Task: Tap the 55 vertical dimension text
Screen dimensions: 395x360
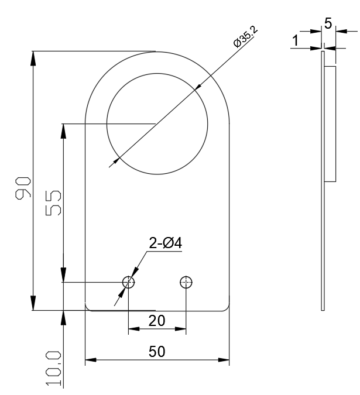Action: click(x=53, y=202)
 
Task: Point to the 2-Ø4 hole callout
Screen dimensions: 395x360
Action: click(x=166, y=243)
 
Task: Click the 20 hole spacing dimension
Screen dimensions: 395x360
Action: click(x=157, y=321)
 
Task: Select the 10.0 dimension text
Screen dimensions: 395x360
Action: click(x=53, y=367)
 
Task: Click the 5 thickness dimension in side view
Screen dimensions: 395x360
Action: click(x=328, y=24)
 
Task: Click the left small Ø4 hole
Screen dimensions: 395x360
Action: click(x=128, y=283)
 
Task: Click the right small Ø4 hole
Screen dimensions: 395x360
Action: click(x=186, y=283)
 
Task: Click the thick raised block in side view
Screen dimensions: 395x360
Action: click(x=330, y=123)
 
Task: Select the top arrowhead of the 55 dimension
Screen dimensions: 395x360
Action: click(x=62, y=128)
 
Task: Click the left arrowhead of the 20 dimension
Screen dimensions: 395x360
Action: click(x=132, y=330)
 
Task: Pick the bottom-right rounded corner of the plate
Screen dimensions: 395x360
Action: click(x=226, y=308)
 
